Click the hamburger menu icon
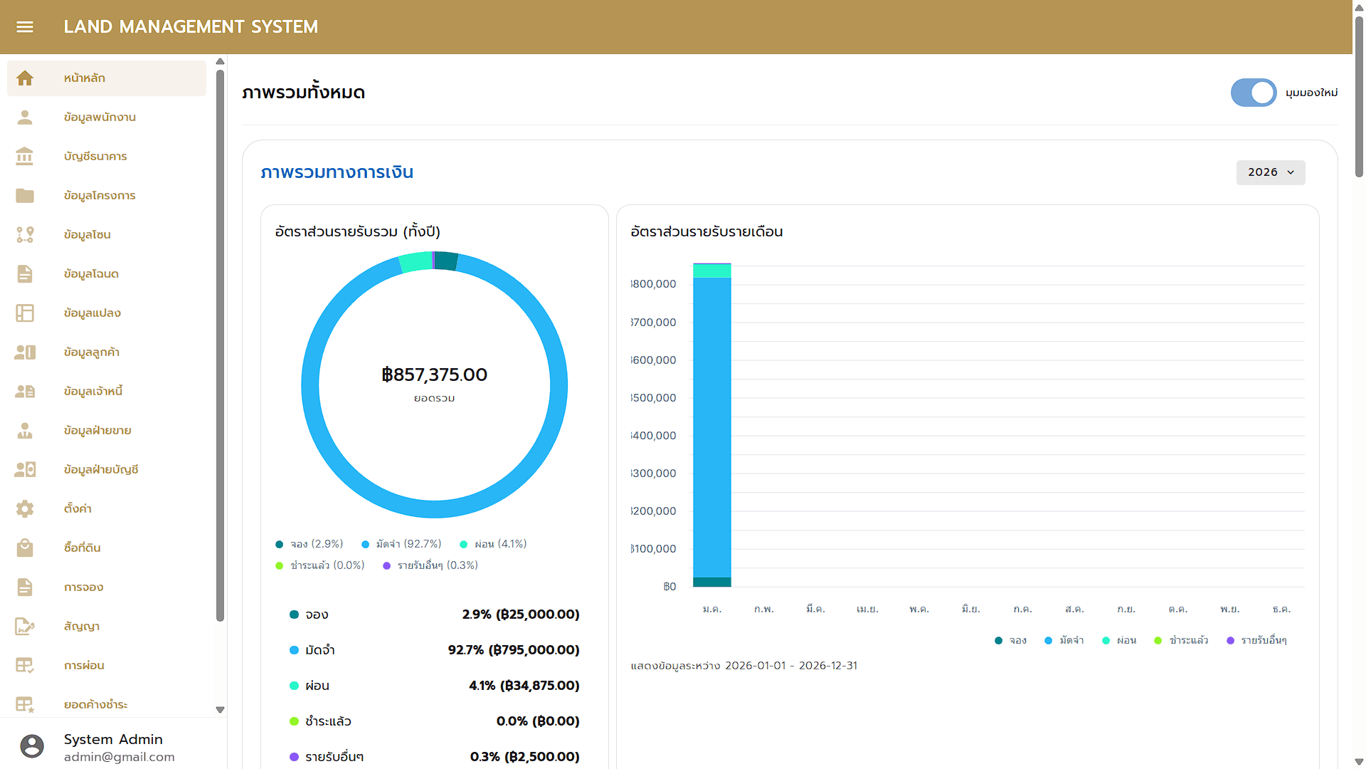[x=25, y=27]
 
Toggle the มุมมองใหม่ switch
[x=1254, y=93]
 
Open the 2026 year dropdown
[x=1271, y=172]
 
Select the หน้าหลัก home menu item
[x=85, y=78]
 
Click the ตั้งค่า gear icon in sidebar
[x=25, y=508]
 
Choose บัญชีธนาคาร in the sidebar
[x=95, y=157]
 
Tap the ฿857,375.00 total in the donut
[x=434, y=375]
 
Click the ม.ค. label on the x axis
[x=711, y=610]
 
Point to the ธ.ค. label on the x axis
[x=1281, y=610]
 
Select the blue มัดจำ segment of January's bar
[x=712, y=427]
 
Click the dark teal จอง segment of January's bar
[x=712, y=582]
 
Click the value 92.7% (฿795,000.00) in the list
[x=513, y=650]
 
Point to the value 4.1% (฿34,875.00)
[x=524, y=686]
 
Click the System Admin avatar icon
[x=32, y=746]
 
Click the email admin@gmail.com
[x=119, y=757]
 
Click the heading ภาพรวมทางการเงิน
[x=337, y=172]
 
